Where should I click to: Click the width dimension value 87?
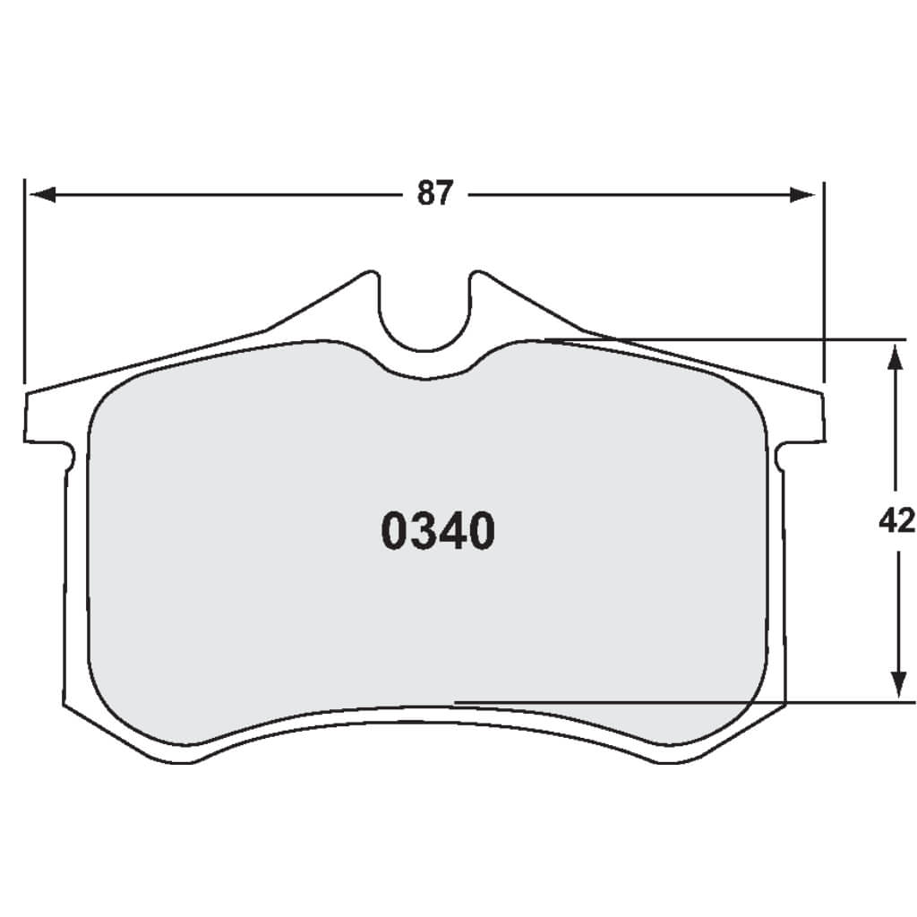click(x=436, y=194)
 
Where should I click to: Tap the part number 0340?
click(x=438, y=532)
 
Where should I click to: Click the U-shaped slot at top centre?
click(x=424, y=313)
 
